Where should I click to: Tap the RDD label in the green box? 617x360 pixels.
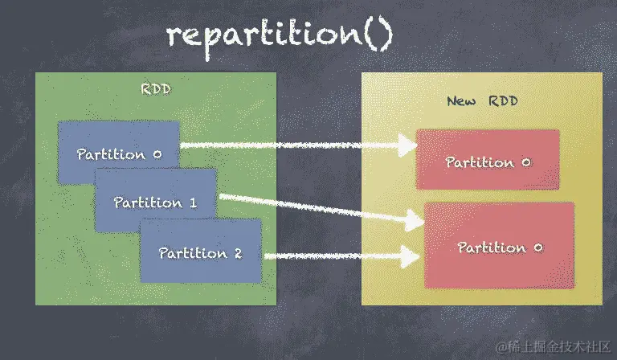point(155,88)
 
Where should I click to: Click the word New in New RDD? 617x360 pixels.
point(461,101)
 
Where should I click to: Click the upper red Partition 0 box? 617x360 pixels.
point(488,161)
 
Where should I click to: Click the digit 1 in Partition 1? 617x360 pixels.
point(193,202)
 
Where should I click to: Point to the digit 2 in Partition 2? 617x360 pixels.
point(238,253)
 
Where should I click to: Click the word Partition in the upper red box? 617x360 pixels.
point(479,162)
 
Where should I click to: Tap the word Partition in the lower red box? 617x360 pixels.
point(491,247)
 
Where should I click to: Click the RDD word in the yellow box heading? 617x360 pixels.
point(504,101)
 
